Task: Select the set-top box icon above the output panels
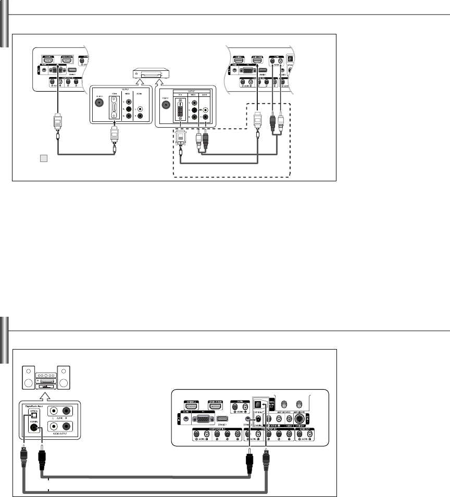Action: (x=148, y=75)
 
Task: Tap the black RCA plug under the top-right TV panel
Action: (x=272, y=122)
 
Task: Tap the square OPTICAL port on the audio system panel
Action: (x=34, y=415)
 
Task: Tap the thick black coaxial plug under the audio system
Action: (x=43, y=458)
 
